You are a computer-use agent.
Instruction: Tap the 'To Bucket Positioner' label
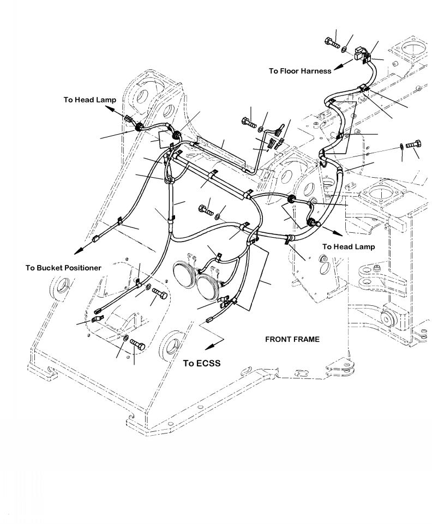pos(63,268)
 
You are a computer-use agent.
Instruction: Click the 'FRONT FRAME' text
pos(292,339)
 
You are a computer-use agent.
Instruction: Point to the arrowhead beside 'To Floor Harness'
pos(338,67)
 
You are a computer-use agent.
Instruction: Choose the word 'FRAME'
pos(306,339)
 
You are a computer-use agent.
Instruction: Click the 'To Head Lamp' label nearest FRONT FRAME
pos(348,246)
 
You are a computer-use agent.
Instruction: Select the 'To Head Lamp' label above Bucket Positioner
pos(89,99)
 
